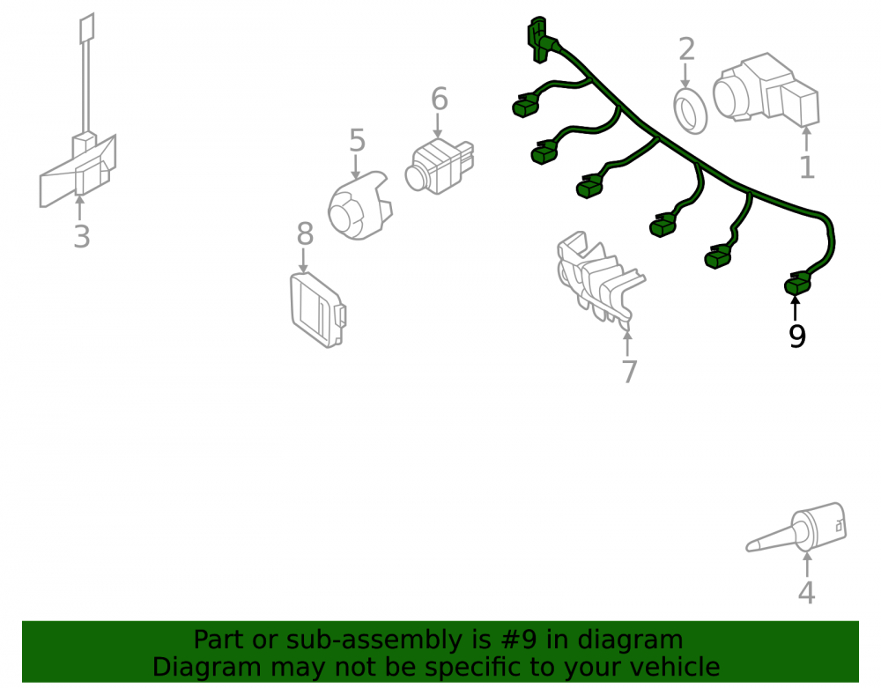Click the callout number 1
[x=807, y=167]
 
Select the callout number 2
[x=686, y=49]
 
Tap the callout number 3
[x=82, y=236]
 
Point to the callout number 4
[x=807, y=593]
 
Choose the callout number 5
[x=358, y=140]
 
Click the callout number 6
[x=440, y=99]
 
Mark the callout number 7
[x=630, y=372]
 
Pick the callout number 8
[x=305, y=233]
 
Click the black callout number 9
[x=797, y=336]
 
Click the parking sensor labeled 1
[x=766, y=89]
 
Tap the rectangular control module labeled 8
[x=318, y=309]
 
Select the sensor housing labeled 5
[x=359, y=207]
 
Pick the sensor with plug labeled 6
[x=440, y=166]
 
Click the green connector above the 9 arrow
[x=797, y=285]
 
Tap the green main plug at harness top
[x=539, y=40]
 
